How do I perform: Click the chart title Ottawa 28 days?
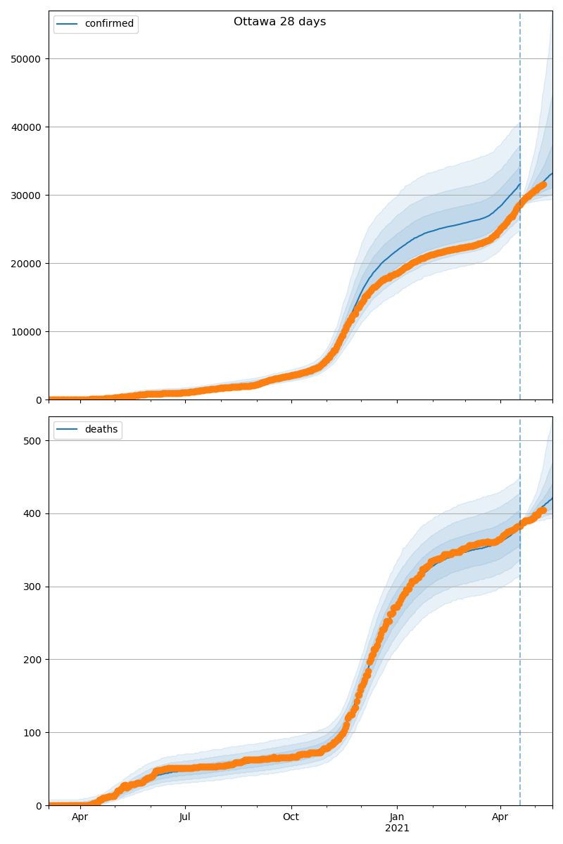pos(279,22)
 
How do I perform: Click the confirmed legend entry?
pos(109,24)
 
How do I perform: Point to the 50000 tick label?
pos(25,59)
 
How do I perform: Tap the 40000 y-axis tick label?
pos(25,127)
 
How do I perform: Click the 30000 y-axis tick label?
pos(25,196)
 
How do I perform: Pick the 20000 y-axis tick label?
pos(25,264)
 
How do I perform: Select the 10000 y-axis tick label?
pos(25,332)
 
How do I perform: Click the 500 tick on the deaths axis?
pos(32,441)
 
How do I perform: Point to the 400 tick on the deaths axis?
pos(32,514)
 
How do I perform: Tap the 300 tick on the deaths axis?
pos(32,587)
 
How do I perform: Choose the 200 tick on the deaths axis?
pos(32,660)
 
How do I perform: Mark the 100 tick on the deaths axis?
pos(32,733)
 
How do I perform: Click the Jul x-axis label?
pos(185,817)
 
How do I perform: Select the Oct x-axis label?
pos(291,817)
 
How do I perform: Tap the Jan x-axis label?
pos(397,817)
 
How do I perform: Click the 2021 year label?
pos(397,829)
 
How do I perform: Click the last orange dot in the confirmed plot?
pos(543,184)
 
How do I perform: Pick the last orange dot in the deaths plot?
pos(543,510)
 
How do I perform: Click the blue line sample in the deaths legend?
pos(68,430)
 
